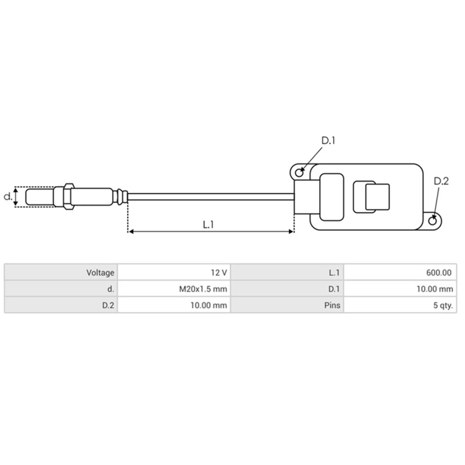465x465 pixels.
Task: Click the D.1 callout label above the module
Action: click(x=329, y=140)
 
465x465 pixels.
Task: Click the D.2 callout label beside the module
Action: click(x=441, y=181)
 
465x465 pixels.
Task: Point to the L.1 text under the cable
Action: click(x=209, y=224)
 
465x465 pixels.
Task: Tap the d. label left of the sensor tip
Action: click(x=8, y=196)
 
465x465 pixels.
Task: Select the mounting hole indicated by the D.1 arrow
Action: click(x=299, y=173)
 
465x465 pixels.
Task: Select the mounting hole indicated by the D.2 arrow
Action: click(x=434, y=220)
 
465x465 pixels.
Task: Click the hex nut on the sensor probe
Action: click(x=67, y=196)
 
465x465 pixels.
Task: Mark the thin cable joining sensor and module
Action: click(x=209, y=196)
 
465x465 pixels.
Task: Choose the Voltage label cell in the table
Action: click(x=101, y=272)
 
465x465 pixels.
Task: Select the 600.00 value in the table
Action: click(x=439, y=272)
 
